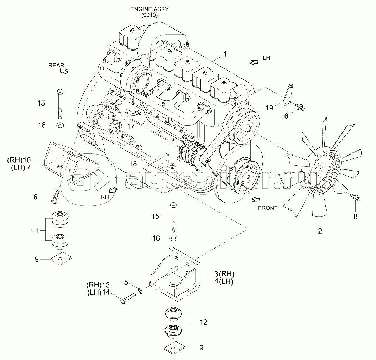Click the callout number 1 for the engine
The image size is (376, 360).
pos(225,54)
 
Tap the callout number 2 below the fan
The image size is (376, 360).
pos(320,231)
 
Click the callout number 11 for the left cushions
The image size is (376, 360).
pos(35,231)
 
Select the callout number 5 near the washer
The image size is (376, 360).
pos(126,282)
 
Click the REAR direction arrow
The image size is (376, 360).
pos(64,71)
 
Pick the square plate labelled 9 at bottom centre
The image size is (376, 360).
pos(173,348)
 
